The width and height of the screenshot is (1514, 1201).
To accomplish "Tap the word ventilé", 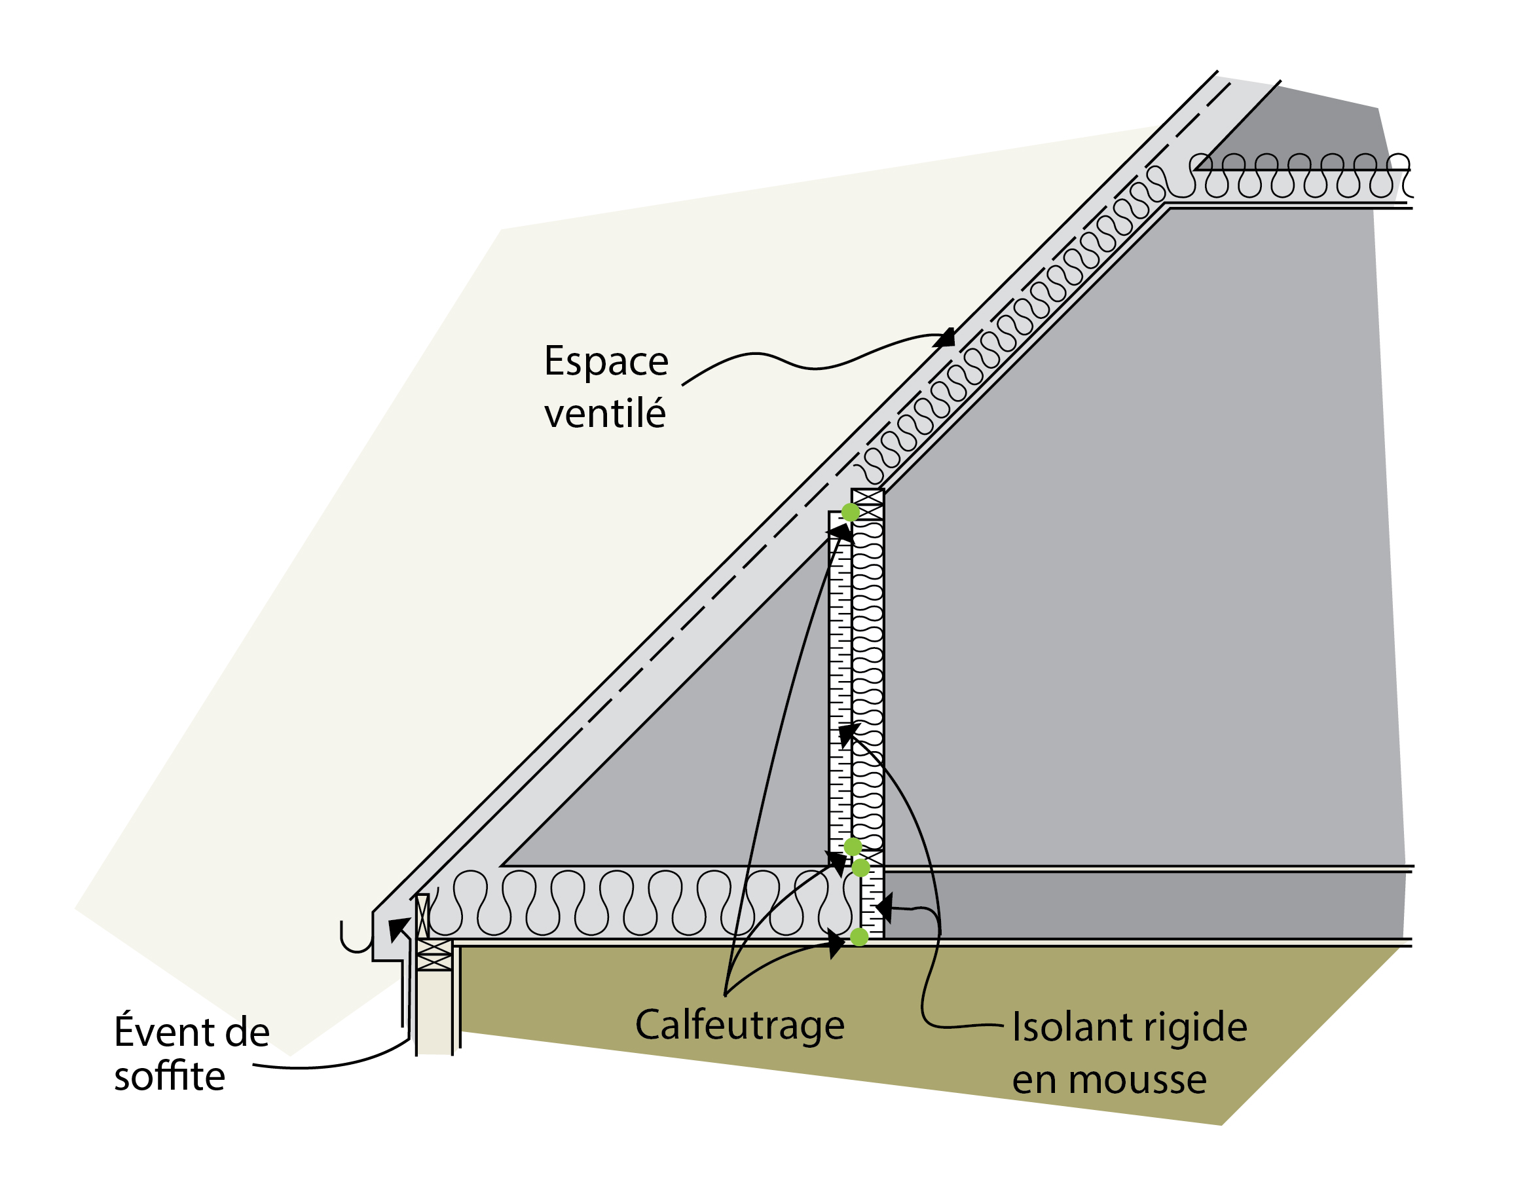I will coord(604,415).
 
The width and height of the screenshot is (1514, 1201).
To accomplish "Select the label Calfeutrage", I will coord(739,1025).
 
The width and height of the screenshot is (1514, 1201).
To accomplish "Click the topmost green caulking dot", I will coord(851,512).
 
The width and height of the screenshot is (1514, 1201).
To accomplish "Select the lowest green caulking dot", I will coord(859,937).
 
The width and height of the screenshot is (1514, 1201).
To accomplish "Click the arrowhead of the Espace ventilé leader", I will coord(945,339).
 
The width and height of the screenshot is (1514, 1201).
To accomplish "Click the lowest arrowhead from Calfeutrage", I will coord(836,942).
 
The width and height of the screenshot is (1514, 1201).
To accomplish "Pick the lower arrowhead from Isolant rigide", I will coord(883,908).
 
